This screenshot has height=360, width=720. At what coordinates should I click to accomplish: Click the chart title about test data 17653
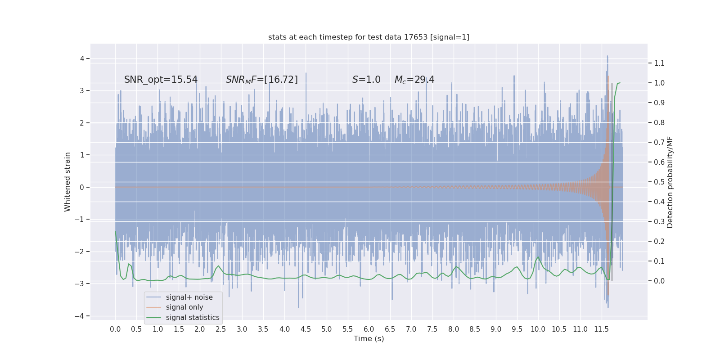[369, 37]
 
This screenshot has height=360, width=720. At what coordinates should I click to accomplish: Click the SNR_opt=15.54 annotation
[161, 80]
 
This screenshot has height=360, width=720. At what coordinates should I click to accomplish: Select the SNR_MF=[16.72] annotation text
[261, 80]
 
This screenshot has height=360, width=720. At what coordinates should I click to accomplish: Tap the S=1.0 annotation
[366, 80]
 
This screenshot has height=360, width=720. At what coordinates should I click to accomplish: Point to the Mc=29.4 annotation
[414, 80]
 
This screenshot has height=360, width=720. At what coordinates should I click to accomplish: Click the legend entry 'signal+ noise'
[189, 297]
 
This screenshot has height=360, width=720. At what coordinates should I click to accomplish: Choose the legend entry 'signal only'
[184, 307]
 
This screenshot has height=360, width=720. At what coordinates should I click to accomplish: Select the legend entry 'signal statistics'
[193, 318]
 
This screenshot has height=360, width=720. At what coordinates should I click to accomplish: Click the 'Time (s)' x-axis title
[369, 339]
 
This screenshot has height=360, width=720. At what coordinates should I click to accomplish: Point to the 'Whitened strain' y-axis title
[67, 182]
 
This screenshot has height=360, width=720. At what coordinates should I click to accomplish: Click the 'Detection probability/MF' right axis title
[670, 182]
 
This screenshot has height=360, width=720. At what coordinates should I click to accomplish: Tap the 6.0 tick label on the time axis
[369, 329]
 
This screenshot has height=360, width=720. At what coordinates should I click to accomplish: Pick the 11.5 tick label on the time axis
[601, 329]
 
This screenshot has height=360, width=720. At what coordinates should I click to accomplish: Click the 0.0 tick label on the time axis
[115, 329]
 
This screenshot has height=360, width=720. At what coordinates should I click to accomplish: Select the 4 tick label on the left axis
[82, 58]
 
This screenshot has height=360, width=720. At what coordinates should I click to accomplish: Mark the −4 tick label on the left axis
[80, 316]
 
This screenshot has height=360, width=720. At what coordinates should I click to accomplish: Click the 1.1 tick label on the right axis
[659, 63]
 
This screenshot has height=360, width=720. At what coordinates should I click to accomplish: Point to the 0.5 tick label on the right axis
[659, 182]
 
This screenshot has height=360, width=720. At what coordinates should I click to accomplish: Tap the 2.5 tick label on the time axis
[221, 329]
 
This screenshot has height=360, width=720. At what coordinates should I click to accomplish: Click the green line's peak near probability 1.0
[619, 83]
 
